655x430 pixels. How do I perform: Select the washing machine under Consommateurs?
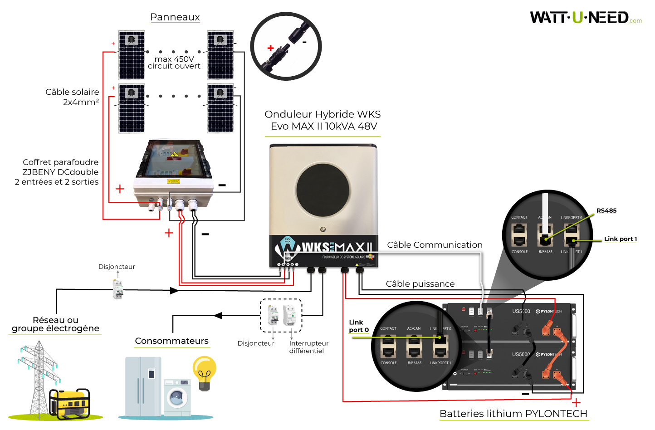point(177,397)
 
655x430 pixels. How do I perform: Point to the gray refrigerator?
point(143,386)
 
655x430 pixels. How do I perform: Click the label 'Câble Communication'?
point(435,245)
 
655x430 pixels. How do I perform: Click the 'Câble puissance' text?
point(420,284)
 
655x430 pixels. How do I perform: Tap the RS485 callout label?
point(606,210)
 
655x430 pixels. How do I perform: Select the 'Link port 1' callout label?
point(620,239)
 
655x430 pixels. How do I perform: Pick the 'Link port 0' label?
point(359,326)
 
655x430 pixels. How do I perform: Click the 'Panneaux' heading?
point(175,17)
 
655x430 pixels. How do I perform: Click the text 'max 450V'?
point(174,59)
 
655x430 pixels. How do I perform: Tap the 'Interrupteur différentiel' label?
point(308,347)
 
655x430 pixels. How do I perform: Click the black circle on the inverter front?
point(323,190)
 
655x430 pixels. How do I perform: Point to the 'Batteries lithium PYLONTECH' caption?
point(513,414)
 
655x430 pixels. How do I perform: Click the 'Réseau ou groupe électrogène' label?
point(55,324)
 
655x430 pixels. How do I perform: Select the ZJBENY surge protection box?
point(174,175)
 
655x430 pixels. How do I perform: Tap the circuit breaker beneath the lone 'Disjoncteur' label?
point(118,289)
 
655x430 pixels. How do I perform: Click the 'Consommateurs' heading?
point(171,341)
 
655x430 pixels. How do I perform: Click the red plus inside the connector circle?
point(271,48)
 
